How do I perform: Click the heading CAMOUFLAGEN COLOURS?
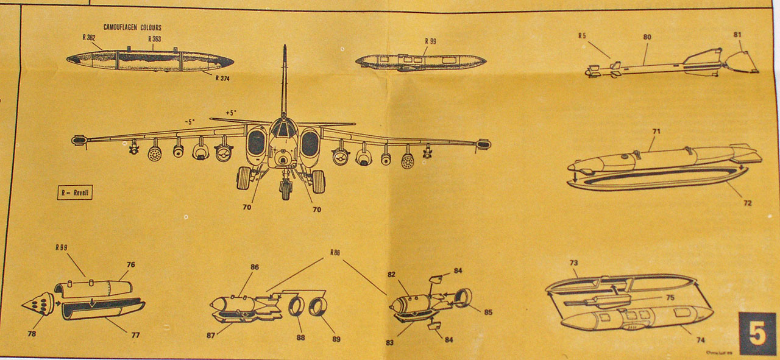(132, 27)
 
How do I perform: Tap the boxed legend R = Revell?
(75, 192)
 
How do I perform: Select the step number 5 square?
(757, 333)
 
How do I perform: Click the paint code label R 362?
(89, 37)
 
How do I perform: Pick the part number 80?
(647, 37)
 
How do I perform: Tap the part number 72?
(747, 203)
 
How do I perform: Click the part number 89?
(336, 339)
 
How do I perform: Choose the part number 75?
(670, 298)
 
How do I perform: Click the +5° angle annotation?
(231, 113)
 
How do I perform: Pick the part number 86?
(254, 267)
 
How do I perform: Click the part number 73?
(573, 263)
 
